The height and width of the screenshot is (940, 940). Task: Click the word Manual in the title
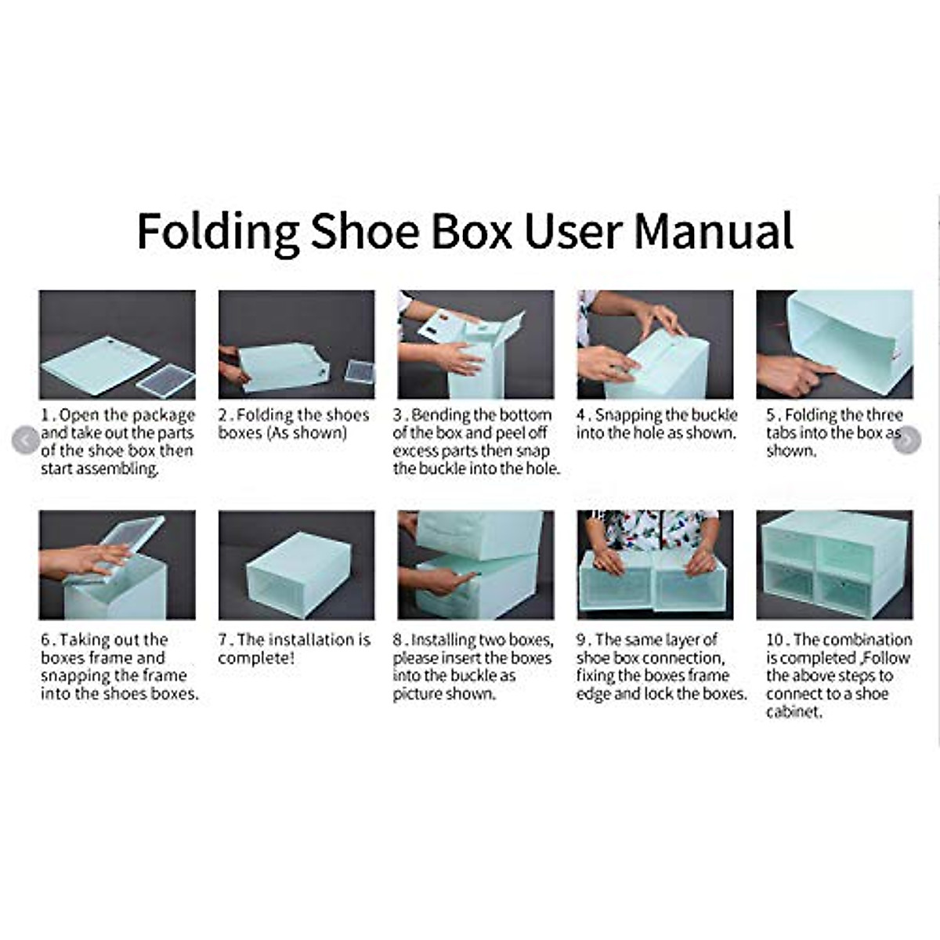[x=714, y=230]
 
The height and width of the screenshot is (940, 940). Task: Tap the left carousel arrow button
[x=26, y=441]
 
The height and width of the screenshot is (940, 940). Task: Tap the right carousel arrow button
[x=906, y=441]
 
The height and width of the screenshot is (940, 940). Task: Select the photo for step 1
[x=117, y=345]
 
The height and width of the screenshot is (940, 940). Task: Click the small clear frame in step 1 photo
[x=165, y=381]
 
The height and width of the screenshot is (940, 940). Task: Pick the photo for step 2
[x=296, y=345]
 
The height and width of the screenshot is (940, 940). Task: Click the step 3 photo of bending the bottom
[x=475, y=345]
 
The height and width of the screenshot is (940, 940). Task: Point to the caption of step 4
[x=656, y=424]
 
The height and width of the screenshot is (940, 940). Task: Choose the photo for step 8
[x=475, y=565]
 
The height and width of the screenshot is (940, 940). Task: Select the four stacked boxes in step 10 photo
[x=834, y=565]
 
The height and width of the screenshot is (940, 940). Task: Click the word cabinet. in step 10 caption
[x=794, y=712]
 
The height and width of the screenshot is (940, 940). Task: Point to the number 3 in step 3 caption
[x=397, y=415]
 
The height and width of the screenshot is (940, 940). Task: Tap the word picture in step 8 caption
[x=419, y=694]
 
